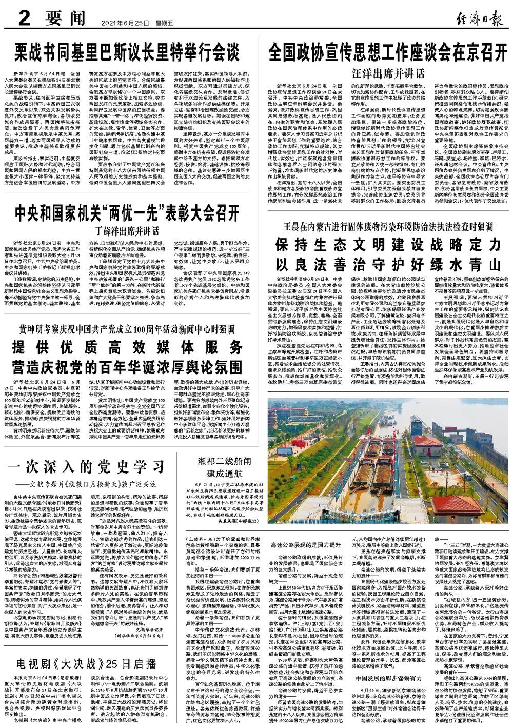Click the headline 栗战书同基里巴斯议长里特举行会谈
[x=127, y=52]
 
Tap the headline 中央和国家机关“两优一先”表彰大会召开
[x=127, y=212]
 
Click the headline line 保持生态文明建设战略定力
[x=388, y=245]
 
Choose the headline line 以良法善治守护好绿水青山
[x=388, y=265]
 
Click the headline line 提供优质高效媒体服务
[x=127, y=345]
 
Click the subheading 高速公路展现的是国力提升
[x=303, y=543]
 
